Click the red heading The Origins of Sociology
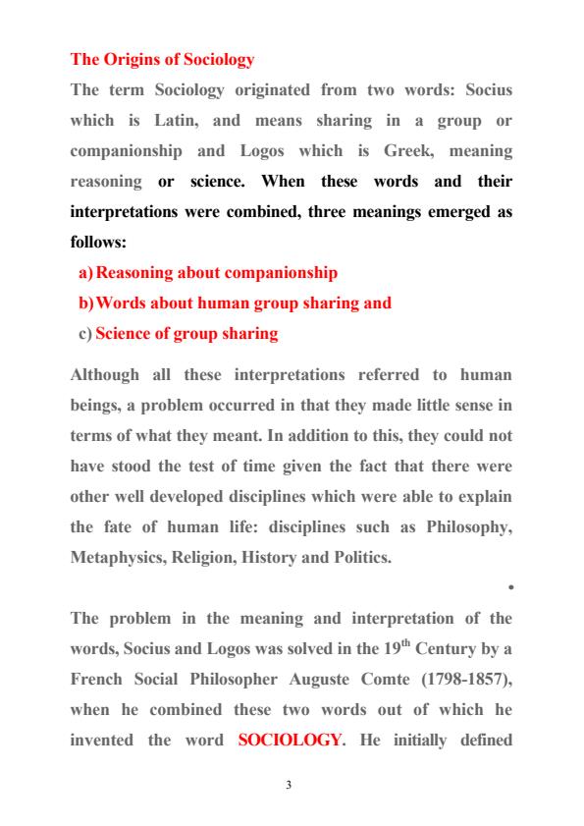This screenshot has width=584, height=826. tap(162, 59)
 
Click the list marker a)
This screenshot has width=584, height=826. tap(86, 272)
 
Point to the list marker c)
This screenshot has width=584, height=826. tap(85, 334)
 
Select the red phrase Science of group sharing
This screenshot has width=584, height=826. tap(186, 334)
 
